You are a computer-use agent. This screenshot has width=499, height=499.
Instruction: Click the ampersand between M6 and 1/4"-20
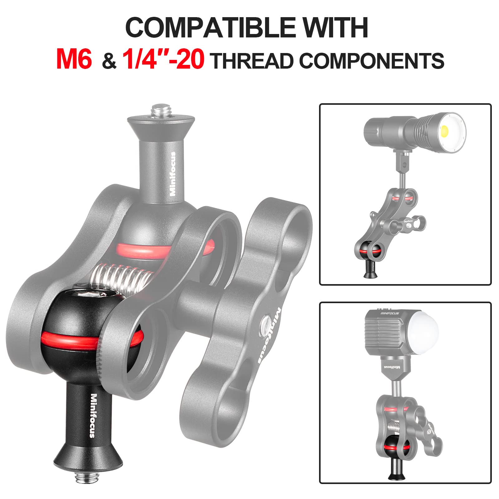[x=109, y=62]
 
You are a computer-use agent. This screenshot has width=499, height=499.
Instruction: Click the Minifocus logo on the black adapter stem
[x=93, y=415]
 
